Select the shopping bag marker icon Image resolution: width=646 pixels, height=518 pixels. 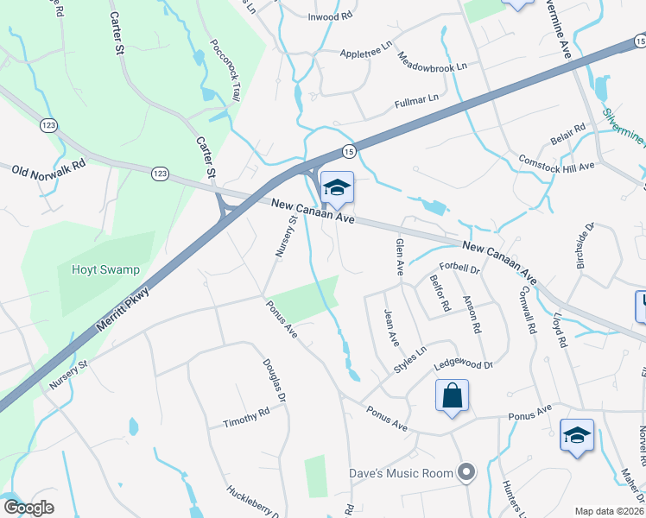click(x=452, y=397)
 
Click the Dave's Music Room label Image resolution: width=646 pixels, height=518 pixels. click(x=401, y=472)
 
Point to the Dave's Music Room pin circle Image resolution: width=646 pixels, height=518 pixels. click(x=467, y=471)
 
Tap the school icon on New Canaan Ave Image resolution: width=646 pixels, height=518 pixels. click(x=337, y=186)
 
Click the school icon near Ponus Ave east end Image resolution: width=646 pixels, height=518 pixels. click(x=577, y=436)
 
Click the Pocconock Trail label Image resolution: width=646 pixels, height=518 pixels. click(x=224, y=72)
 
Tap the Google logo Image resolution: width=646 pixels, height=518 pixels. click(x=28, y=508)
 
